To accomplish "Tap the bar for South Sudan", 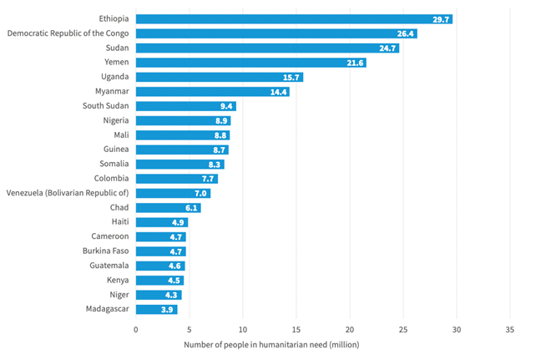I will [x=185, y=106].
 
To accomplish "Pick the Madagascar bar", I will [x=156, y=309].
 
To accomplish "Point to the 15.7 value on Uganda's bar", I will [x=292, y=77].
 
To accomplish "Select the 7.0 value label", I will [x=200, y=193].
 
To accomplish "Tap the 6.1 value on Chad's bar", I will [x=191, y=208].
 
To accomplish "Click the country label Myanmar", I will [x=112, y=91].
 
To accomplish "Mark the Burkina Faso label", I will [x=105, y=251].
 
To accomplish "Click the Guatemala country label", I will [x=109, y=266].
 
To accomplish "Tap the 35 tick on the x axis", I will [x=510, y=329].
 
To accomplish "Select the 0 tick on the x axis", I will [x=136, y=329].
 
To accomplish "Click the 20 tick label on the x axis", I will [x=350, y=329].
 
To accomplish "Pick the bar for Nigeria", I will [x=183, y=120].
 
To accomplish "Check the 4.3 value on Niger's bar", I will [x=171, y=295].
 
